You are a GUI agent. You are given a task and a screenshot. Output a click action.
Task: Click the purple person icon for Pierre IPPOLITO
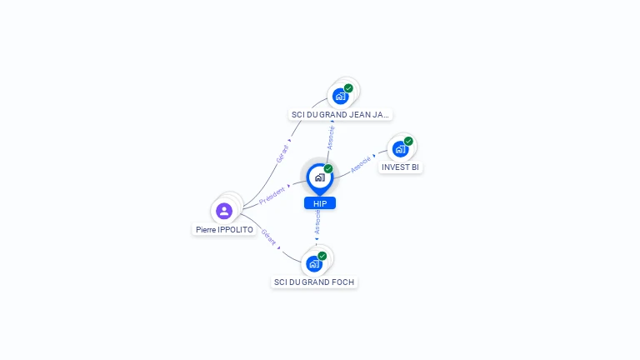coord(224,211)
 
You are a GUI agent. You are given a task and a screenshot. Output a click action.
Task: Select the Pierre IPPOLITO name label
coord(224,229)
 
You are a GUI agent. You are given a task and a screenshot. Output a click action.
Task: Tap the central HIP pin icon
coord(319,177)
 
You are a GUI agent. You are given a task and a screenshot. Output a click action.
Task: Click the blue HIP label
coord(320,203)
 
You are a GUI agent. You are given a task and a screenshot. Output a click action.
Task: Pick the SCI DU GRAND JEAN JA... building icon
coord(340,96)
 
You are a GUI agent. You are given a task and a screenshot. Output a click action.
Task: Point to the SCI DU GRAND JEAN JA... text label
coord(340,114)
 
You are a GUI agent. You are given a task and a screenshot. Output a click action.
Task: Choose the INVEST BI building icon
coord(401,149)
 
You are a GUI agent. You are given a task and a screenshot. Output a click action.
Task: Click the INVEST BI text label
coord(401,167)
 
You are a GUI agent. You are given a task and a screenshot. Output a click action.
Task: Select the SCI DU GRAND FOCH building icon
coord(314,264)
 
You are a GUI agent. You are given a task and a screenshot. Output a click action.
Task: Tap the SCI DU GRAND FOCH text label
coord(314,282)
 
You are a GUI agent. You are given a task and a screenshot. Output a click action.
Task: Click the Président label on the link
coord(272,197)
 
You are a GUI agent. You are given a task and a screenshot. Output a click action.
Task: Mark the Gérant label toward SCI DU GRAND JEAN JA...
coord(282,152)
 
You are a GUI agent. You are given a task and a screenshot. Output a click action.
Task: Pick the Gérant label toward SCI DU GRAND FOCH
coord(268,237)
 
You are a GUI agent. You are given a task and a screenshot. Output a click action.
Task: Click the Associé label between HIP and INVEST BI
coord(361,164)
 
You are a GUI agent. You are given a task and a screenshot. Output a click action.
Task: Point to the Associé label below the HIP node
coord(317,222)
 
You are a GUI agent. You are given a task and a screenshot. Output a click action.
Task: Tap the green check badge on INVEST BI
coord(408,141)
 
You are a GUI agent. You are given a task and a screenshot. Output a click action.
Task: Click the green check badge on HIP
coord(328,168)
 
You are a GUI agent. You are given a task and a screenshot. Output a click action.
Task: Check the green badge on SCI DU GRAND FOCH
coord(322,256)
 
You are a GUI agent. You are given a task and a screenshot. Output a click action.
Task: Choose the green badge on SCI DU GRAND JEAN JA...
coord(348,87)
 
